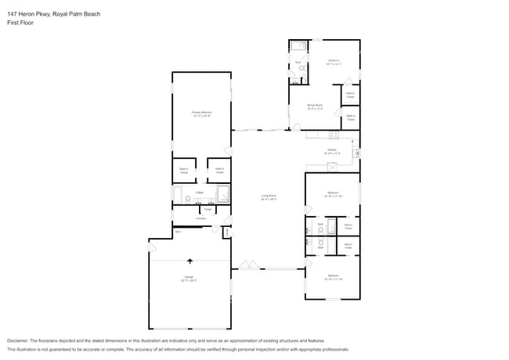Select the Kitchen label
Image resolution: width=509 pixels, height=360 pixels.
click(x=332, y=150)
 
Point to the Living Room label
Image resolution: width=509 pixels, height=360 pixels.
click(x=269, y=196)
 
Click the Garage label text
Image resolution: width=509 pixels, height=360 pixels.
click(x=189, y=278)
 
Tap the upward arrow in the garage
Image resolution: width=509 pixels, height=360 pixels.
click(x=189, y=261)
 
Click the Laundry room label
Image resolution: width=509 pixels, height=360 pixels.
click(x=200, y=218)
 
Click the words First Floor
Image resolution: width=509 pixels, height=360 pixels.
click(x=21, y=23)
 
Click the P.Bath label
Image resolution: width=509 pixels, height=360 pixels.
click(x=200, y=192)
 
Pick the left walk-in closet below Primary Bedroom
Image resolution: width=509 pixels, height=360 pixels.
click(x=183, y=170)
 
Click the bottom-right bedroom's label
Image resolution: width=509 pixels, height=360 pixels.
click(x=333, y=276)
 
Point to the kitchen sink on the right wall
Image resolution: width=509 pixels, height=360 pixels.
click(x=356, y=153)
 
